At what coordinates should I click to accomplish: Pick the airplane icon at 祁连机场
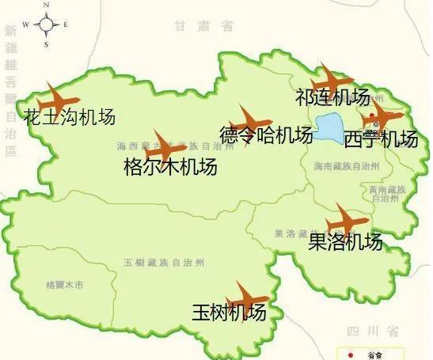(331, 80)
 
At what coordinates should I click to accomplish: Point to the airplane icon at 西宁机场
(381, 117)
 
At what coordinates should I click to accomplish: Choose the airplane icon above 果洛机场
(346, 220)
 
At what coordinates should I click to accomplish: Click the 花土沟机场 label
(70, 118)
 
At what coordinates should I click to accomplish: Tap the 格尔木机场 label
(170, 167)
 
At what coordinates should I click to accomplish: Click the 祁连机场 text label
(332, 98)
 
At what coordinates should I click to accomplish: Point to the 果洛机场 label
(344, 241)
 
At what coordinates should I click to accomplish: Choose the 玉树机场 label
(229, 313)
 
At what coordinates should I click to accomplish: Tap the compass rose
(46, 25)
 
